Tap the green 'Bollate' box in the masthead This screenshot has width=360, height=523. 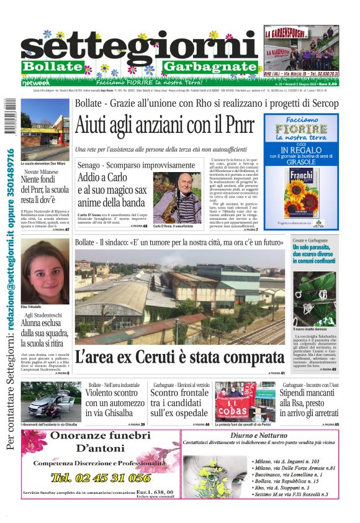point(52,66)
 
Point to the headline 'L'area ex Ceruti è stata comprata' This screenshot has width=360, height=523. point(180,357)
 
